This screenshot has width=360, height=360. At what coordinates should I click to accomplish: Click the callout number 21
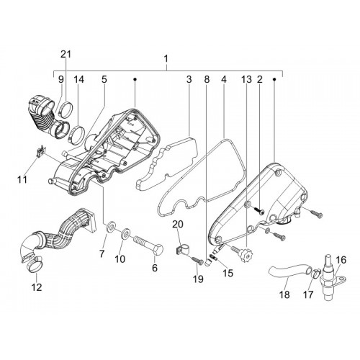pos(66,55)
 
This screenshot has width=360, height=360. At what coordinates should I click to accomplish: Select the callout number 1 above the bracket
pos(166,59)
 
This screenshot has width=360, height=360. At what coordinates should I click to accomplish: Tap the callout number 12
pos(37,287)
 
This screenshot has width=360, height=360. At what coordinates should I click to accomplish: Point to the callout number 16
pos(341,260)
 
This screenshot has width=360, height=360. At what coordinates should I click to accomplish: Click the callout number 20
pos(178,224)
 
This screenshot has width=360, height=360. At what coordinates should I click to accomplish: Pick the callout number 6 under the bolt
pos(155,268)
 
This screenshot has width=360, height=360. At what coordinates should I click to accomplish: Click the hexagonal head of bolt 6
pos(158,249)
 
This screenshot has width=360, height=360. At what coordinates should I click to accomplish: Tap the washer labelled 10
pos(125,234)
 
